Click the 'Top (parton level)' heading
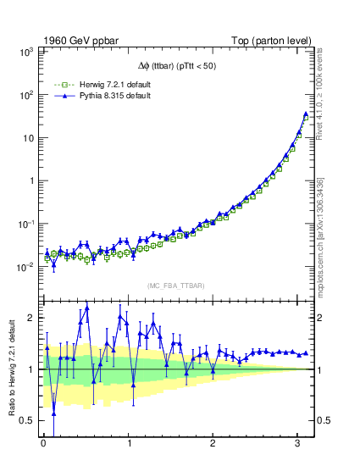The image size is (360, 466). coord(271,41)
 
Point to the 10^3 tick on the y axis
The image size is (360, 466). coord(25,52)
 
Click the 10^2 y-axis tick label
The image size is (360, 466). coord(25,95)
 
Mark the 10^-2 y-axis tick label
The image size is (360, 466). coord(25,267)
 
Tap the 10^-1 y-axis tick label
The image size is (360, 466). coord(25,224)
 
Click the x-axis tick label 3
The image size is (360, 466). coord(297,443)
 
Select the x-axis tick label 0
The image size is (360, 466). coord(43,443)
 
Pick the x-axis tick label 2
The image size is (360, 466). coord(213,443)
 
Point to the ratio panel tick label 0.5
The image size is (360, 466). coord(27,420)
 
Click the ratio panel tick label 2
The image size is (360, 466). coord(30,317)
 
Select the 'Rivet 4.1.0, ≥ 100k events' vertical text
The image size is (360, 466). coord(319,93)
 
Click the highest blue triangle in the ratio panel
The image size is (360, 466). coord(86,308)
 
